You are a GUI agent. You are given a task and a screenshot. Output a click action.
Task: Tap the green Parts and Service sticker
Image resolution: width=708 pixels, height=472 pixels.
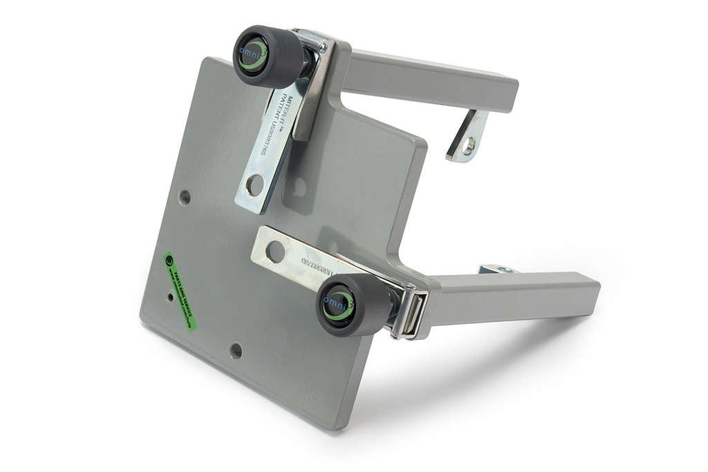click(180, 291)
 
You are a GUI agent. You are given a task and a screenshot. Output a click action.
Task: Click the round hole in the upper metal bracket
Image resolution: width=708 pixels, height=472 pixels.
click(255, 185)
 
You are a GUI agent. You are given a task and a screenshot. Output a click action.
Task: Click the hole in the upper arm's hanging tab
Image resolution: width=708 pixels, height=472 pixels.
click(468, 146)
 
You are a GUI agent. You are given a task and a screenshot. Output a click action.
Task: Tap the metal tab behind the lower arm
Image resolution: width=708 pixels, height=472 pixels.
click(499, 269)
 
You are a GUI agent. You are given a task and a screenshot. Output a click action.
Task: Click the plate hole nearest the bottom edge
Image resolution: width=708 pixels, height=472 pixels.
click(236, 350)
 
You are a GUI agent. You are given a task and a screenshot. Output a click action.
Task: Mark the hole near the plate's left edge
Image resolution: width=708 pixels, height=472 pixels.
click(185, 197)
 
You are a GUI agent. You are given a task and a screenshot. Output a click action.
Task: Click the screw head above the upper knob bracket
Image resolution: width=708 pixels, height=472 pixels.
click(322, 48)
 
